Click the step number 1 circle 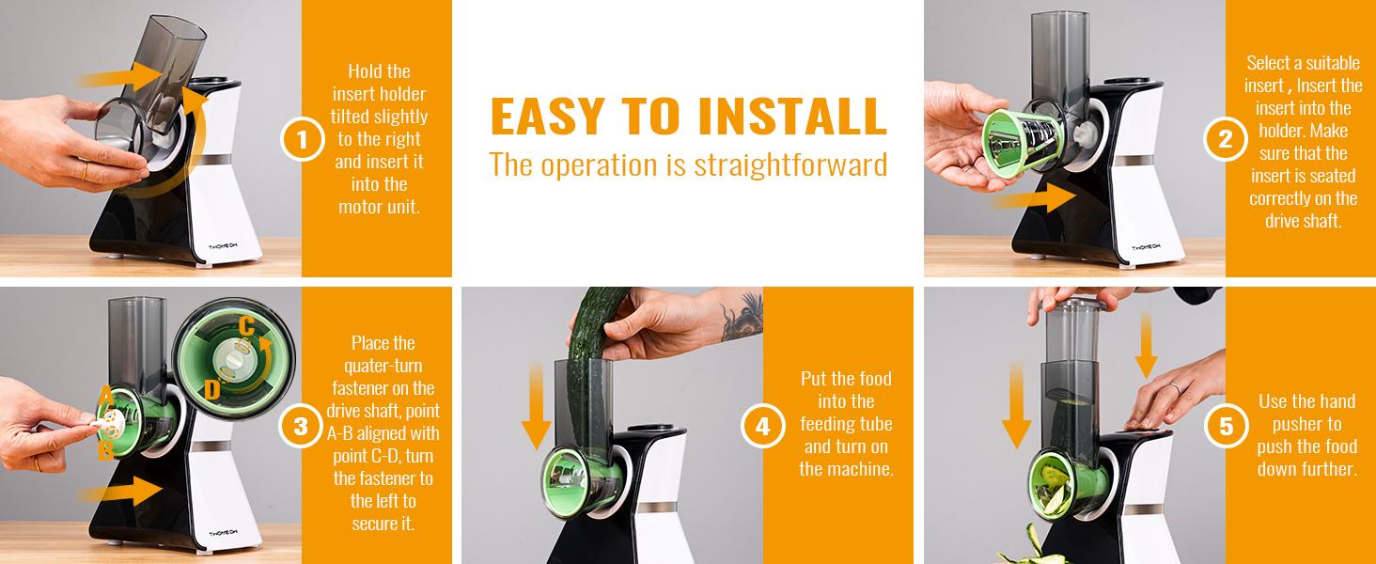303,141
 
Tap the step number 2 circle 1225,139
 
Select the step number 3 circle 301,426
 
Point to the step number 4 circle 762,426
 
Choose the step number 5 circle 1227,426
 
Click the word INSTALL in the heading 792,116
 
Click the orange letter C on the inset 246,326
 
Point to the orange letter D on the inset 211,389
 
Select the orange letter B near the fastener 105,450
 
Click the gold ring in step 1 85,171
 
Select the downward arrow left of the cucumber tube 537,405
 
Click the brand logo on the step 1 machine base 224,247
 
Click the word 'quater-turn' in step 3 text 383,366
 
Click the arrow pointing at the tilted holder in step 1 120,77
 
